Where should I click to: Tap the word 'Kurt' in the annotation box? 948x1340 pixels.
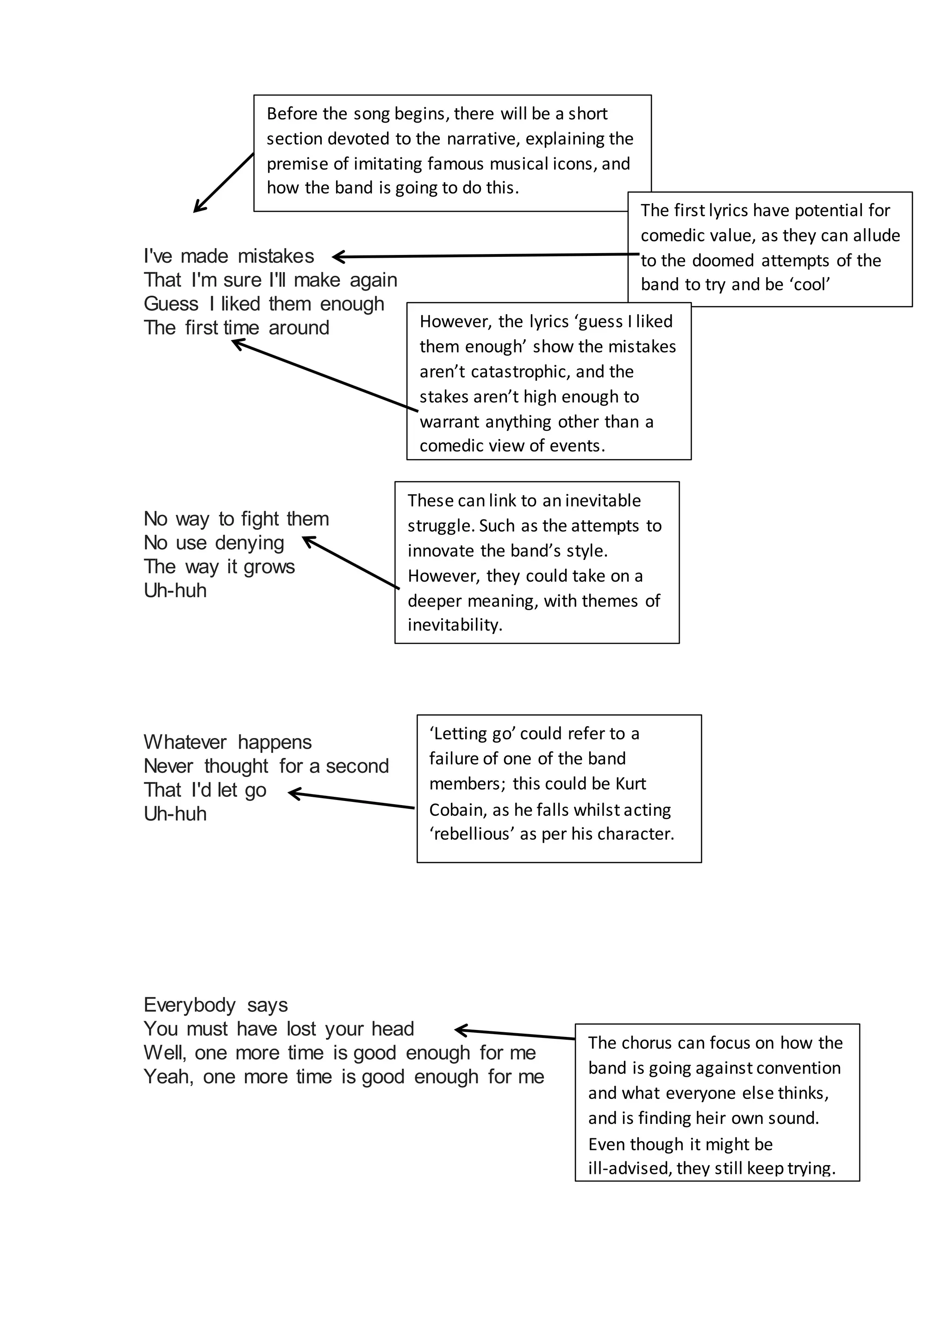630,784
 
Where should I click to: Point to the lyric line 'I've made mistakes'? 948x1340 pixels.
229,256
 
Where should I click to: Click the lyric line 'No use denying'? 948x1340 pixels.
214,543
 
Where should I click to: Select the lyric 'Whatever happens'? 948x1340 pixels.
228,742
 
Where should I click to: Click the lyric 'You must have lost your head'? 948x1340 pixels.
279,1029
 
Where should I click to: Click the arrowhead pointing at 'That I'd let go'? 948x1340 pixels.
293,793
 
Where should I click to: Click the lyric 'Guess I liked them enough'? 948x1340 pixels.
264,304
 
